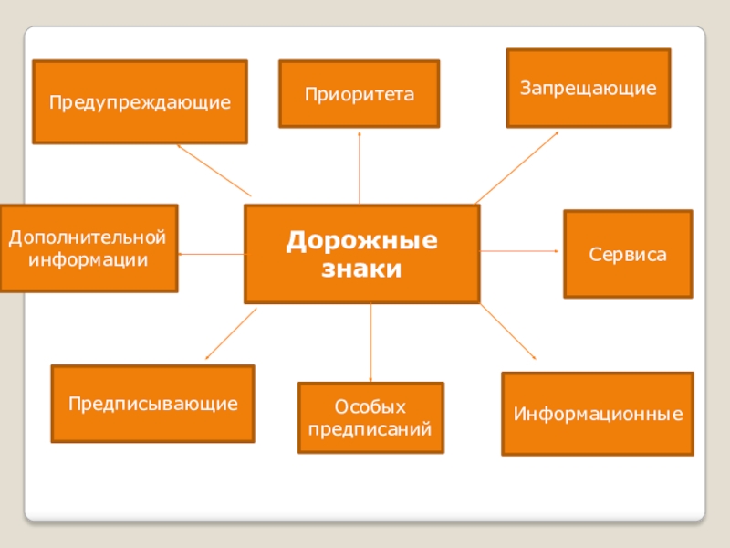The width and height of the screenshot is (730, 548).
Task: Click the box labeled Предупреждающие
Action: pos(140,101)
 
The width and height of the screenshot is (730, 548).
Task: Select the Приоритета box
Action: pos(359,94)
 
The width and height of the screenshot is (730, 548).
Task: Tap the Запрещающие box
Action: pos(589,88)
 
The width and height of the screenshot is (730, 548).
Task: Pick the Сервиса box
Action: pos(628,254)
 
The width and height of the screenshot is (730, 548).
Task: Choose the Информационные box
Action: pos(598,414)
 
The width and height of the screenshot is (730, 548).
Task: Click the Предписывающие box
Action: pos(152,403)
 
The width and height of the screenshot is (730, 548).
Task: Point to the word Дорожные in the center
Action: pos(361,242)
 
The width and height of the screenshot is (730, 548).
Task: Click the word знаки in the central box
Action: pos(361,269)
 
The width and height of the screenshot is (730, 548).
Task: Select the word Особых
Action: pos(370,406)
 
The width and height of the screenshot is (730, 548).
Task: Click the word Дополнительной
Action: pos(89,237)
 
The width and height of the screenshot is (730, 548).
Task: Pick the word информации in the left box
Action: pos(89,258)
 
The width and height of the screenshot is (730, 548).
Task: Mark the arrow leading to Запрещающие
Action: pos(516,167)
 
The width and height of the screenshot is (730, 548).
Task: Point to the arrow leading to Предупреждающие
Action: pos(214,170)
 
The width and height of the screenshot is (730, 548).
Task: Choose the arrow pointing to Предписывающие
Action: pos(231,333)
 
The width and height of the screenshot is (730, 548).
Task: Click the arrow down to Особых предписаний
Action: pos(370,342)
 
